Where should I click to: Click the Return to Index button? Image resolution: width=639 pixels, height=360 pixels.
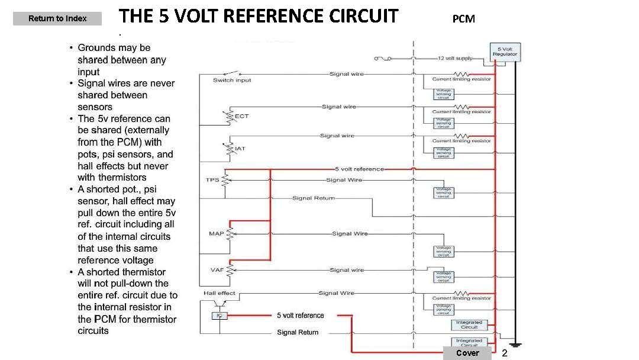[57, 19]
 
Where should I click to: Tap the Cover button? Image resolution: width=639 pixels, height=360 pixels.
[467, 353]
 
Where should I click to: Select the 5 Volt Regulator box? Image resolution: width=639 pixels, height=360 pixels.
[505, 52]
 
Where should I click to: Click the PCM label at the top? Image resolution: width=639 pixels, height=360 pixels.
[463, 19]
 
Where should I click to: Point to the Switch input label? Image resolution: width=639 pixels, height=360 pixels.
[232, 81]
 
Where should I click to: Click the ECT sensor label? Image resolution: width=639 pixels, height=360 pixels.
[242, 116]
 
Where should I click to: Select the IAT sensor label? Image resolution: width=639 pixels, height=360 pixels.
[240, 148]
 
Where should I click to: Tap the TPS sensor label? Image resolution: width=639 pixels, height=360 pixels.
[212, 179]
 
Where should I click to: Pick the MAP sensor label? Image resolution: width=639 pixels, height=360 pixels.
[216, 233]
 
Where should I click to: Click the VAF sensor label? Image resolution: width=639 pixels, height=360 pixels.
[217, 270]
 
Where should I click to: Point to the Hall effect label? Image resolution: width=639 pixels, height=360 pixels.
[219, 293]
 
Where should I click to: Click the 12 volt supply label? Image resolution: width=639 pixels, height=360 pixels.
[455, 59]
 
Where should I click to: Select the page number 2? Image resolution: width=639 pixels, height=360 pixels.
[505, 353]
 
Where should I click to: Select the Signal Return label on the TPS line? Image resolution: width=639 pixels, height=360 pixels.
[314, 198]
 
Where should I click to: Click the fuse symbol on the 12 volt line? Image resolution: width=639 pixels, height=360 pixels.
[383, 59]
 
